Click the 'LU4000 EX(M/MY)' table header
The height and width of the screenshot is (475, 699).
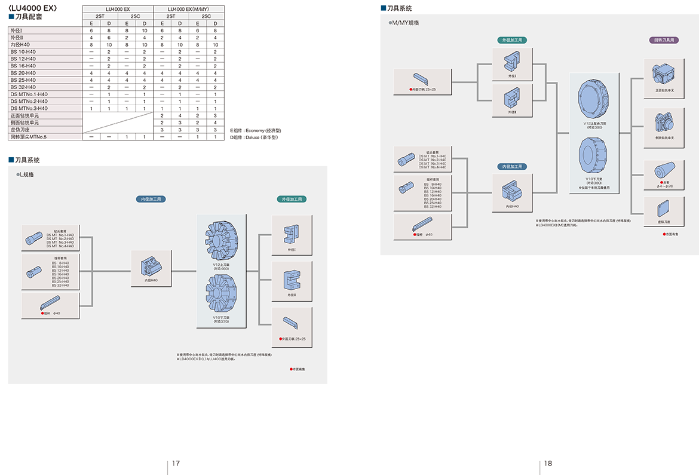pos(189,10)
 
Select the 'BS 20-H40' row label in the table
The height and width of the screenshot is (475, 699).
pos(23,73)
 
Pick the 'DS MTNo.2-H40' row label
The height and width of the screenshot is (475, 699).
pos(29,101)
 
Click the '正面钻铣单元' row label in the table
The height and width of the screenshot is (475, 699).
pos(24,115)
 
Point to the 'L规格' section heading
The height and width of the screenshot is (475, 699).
pos(26,174)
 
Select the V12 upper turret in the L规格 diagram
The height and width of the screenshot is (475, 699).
pos(220,240)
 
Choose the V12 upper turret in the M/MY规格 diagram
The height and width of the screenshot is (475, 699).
pos(594,98)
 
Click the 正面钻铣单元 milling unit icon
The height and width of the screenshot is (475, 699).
pos(663,73)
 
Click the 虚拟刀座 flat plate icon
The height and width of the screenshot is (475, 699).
pos(663,210)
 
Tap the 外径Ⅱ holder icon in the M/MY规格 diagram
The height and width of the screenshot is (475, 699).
pos(511,97)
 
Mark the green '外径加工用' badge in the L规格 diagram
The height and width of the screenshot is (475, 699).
pos(292,199)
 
